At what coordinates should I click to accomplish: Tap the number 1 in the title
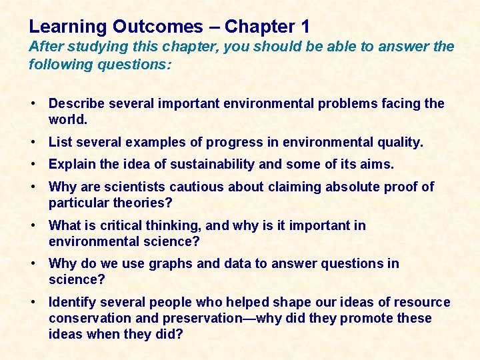pyautogui.click(x=305, y=27)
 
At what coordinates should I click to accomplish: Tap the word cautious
pyautogui.click(x=197, y=187)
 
